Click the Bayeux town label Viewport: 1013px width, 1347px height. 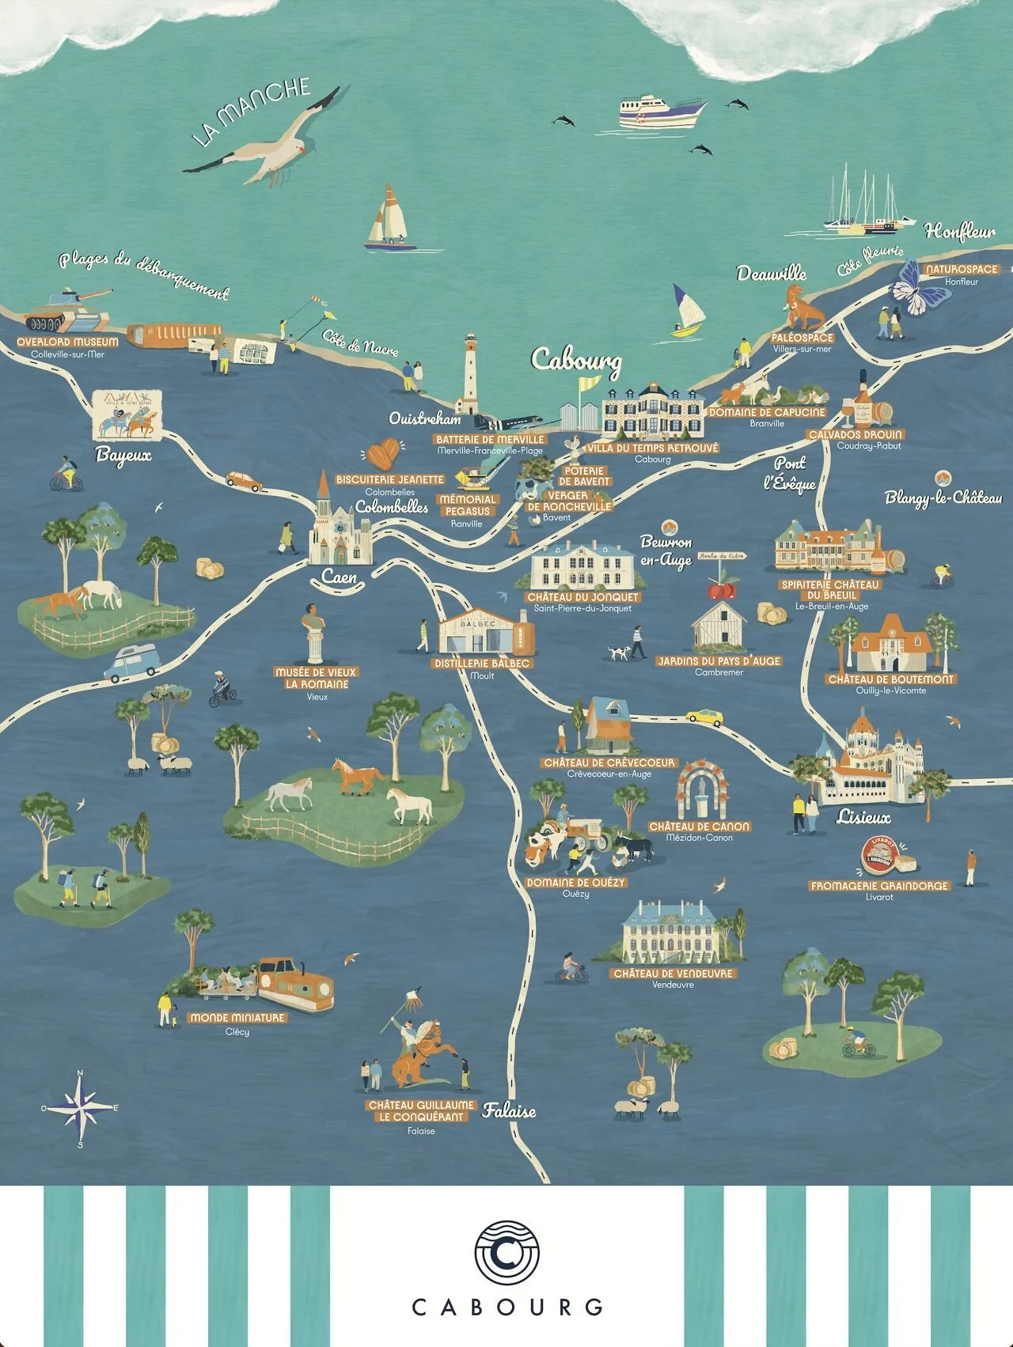(123, 455)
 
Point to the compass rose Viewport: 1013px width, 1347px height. (80, 1107)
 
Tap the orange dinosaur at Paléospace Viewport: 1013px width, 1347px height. (802, 309)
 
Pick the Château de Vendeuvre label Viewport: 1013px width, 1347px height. (673, 974)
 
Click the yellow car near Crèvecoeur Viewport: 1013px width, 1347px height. (704, 717)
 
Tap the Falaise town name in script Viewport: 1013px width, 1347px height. (510, 1111)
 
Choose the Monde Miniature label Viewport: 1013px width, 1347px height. (237, 1018)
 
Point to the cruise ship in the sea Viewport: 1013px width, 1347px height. (662, 112)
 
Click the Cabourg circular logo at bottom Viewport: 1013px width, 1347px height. (506, 1253)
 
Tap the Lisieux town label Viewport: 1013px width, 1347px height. (863, 817)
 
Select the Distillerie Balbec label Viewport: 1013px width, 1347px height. (482, 664)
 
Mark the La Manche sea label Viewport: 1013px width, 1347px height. (251, 110)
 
